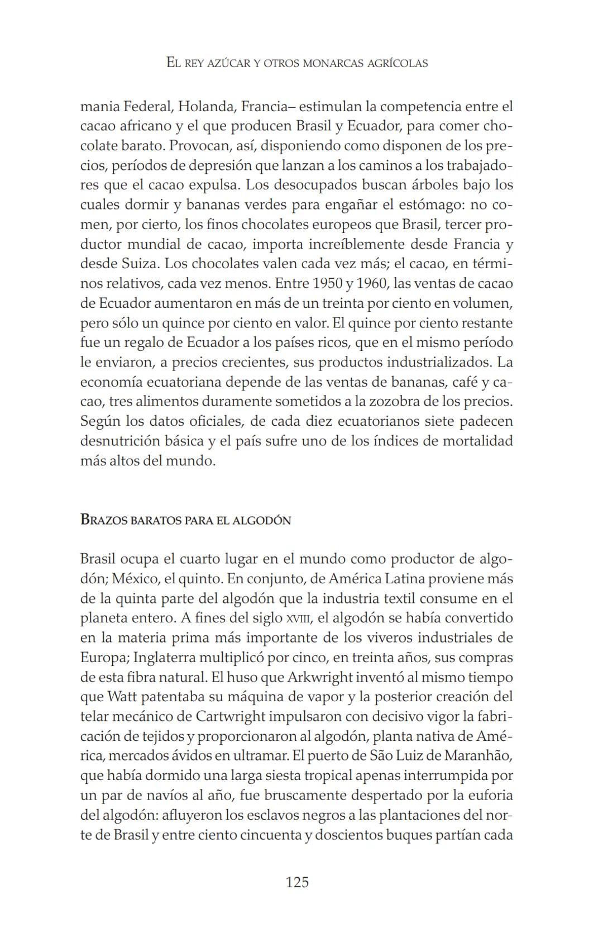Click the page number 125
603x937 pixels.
297,882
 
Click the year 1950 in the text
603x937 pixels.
328,283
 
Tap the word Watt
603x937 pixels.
121,697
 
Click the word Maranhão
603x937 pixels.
478,755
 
